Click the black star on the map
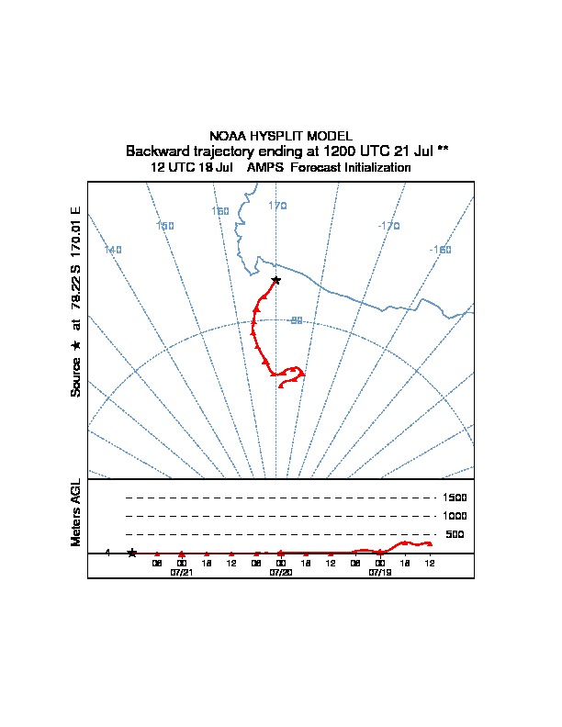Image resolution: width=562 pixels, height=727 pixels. [275, 280]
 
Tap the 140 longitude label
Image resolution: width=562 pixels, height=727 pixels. [112, 250]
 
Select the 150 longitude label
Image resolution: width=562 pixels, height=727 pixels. [165, 226]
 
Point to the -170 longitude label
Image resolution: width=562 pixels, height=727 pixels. [388, 226]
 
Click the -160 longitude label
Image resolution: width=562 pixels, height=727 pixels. [440, 250]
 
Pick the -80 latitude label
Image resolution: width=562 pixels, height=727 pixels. [295, 320]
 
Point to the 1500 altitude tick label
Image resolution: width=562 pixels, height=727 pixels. [455, 498]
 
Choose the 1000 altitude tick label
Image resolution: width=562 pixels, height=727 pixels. [455, 516]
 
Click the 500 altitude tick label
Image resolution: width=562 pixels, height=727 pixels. [455, 534]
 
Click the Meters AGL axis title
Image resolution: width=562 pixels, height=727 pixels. [76, 512]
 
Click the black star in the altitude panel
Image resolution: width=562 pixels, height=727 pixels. [132, 553]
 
